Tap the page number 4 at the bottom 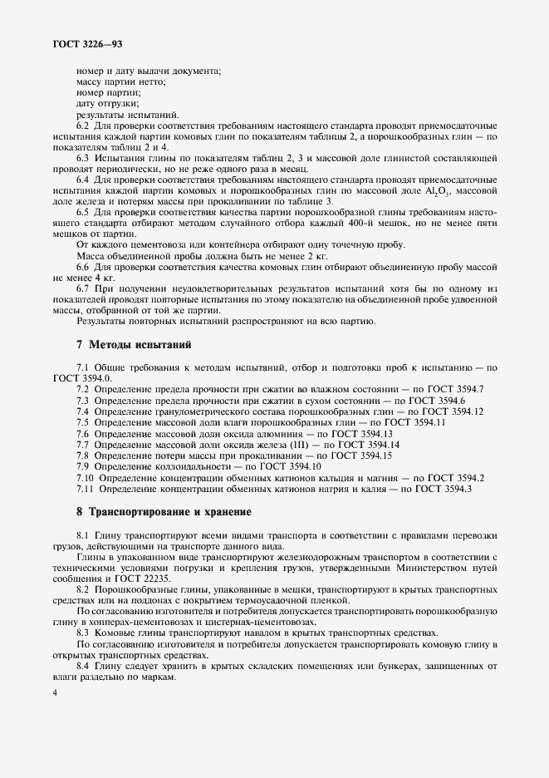[54, 690]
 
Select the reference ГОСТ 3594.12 [457, 411]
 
